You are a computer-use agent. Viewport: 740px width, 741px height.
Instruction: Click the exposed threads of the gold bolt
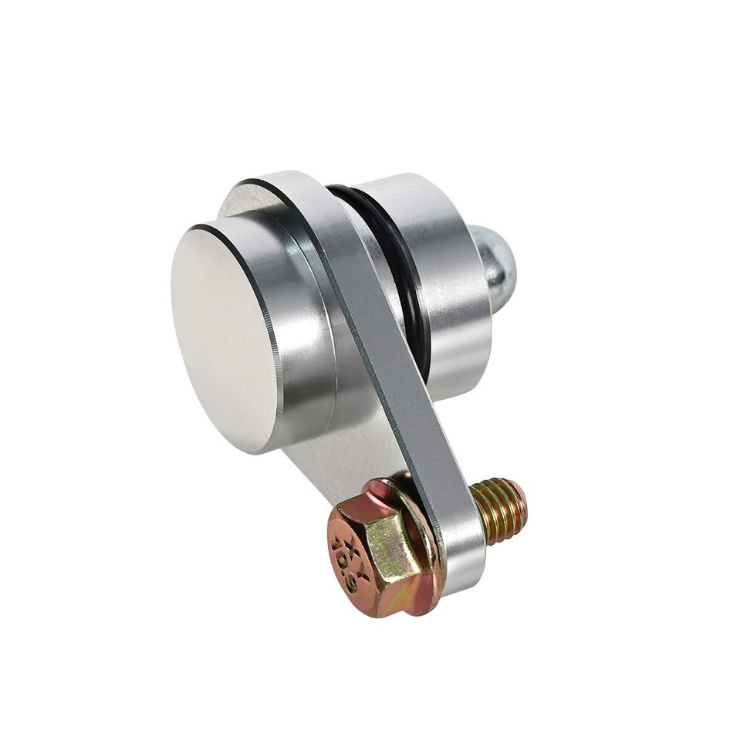tap(498, 509)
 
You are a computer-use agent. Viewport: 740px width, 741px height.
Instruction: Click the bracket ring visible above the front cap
tap(247, 197)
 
